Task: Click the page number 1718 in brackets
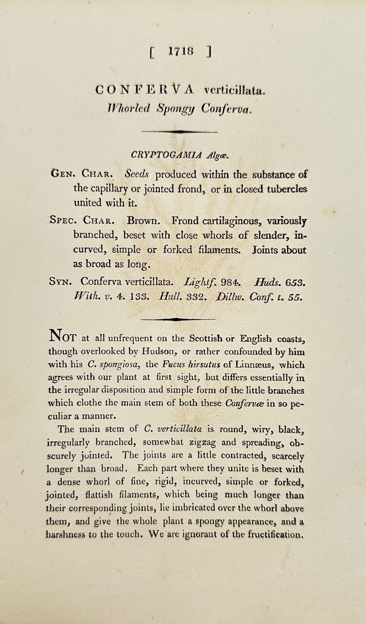click(x=180, y=51)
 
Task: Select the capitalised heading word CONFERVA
click(x=145, y=90)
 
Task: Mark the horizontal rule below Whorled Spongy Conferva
click(x=180, y=132)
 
